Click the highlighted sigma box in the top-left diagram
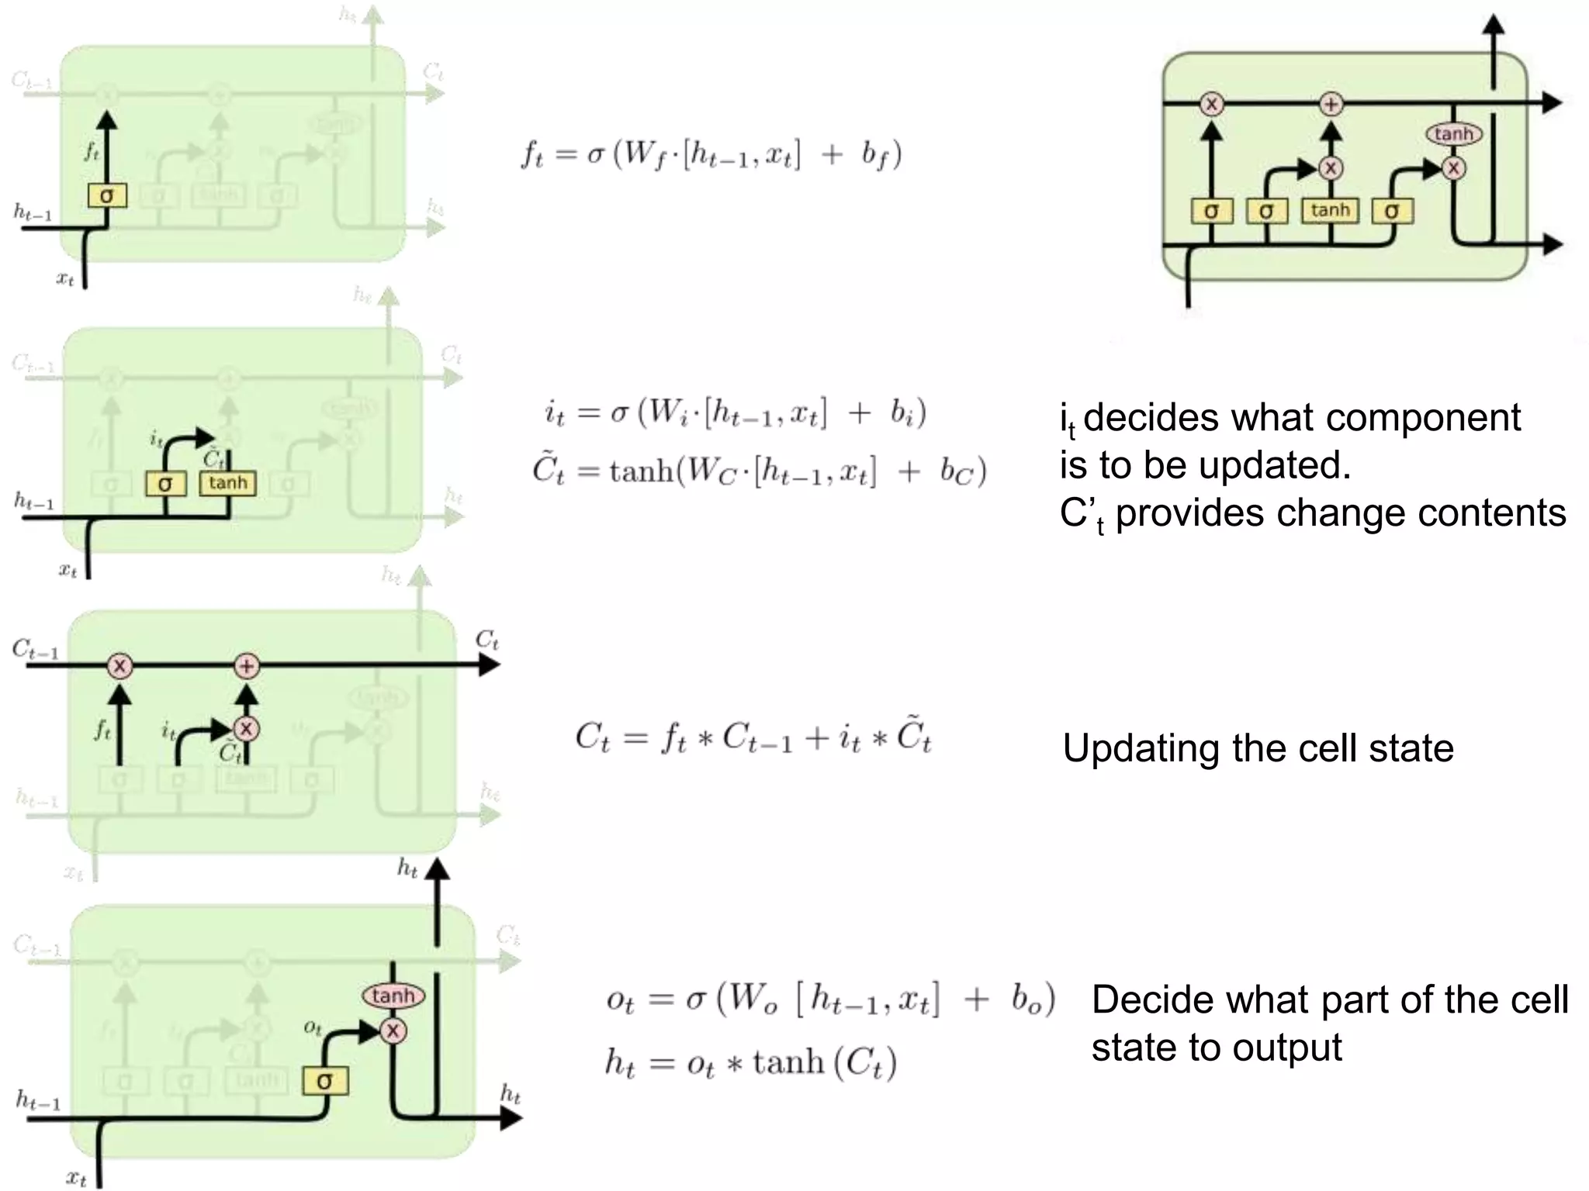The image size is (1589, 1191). [106, 195]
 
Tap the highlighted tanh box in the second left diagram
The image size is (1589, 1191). [227, 483]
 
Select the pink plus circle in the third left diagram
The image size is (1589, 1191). [246, 666]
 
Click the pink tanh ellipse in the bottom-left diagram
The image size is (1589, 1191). [393, 996]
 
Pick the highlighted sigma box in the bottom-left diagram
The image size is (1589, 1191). [325, 1081]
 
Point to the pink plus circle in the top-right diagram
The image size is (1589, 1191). [1331, 104]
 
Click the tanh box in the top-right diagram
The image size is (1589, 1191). [1330, 210]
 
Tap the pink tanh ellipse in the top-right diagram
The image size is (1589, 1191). [1453, 134]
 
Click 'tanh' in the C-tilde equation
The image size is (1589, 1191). [641, 470]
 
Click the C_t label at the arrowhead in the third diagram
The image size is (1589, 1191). [486, 640]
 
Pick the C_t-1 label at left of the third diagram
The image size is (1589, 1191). [35, 650]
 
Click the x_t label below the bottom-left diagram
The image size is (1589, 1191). [75, 1178]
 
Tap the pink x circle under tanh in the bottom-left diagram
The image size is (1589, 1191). [393, 1030]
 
